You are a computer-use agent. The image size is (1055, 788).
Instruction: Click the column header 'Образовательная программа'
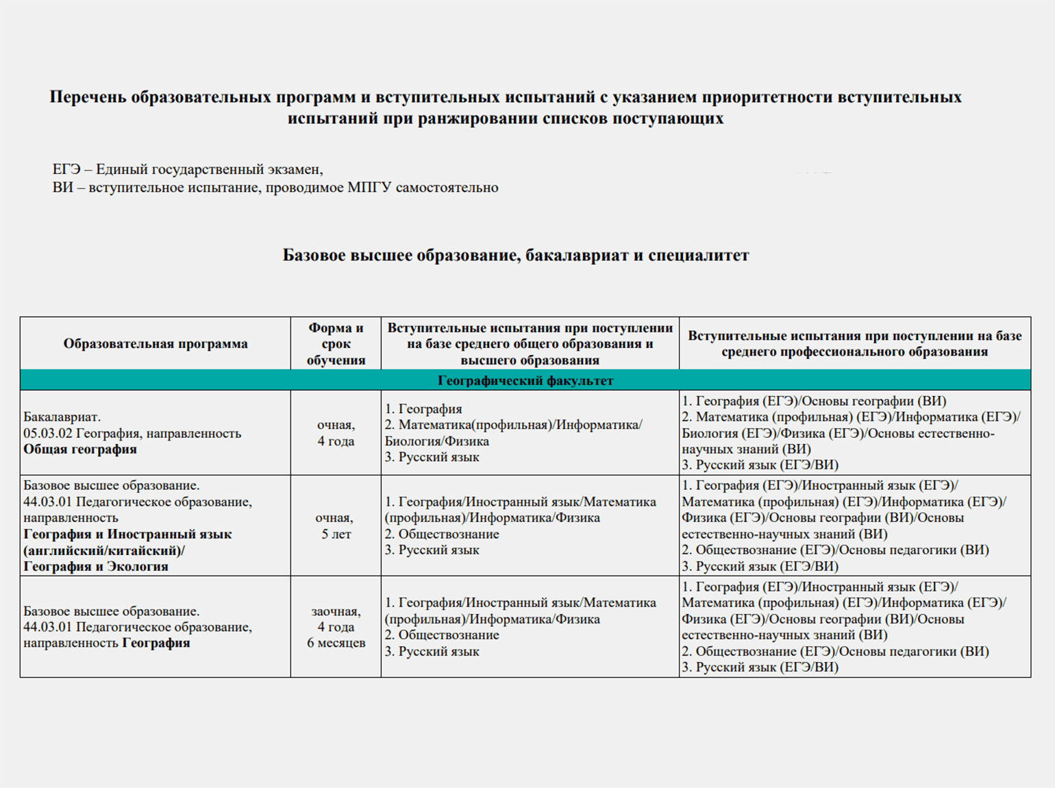pos(156,343)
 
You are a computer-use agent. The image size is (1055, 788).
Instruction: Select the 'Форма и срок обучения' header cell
pos(336,343)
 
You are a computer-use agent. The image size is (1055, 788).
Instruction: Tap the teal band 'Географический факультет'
pos(525,380)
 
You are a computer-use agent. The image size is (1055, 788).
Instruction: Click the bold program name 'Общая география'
pos(80,450)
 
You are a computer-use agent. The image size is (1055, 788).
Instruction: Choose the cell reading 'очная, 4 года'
pos(336,433)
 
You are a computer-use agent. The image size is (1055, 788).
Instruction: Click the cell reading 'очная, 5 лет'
pos(336,526)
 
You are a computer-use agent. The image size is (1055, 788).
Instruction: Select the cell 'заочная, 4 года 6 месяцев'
pos(336,627)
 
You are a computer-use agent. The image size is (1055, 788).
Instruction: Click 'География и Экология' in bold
pos(96,567)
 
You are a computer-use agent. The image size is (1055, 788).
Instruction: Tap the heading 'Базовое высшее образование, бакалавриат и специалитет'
pos(516,256)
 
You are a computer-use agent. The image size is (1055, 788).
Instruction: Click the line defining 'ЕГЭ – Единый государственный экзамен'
pos(188,169)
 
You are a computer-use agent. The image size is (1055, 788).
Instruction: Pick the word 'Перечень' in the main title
pos(88,97)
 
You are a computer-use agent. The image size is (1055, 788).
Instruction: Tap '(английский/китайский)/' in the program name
pos(104,550)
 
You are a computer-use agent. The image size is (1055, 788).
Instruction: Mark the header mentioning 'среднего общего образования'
pos(530,343)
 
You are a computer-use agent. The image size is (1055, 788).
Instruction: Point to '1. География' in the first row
pos(423,409)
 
